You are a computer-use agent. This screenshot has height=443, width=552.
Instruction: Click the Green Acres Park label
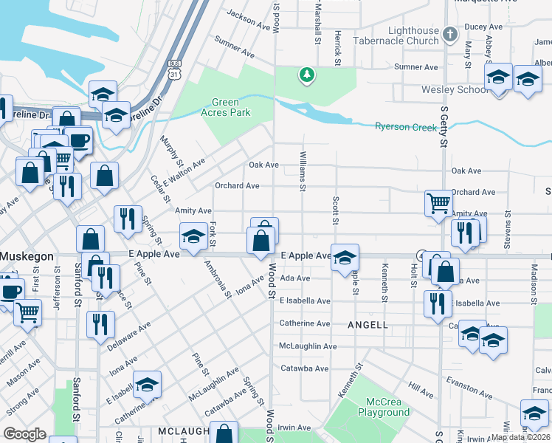pos(230,108)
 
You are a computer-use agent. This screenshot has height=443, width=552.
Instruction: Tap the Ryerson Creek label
pos(406,127)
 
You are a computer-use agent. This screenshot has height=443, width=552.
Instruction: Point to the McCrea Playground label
pos(384,408)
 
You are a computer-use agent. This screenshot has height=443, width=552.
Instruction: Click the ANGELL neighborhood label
pos(368,325)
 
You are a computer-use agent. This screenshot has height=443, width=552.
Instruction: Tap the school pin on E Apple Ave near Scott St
pos(345,258)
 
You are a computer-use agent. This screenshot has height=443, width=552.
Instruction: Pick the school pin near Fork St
pos(194,236)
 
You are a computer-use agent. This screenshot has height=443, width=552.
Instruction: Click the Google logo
pos(24,434)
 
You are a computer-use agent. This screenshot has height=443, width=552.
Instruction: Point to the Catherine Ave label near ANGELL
pos(304,323)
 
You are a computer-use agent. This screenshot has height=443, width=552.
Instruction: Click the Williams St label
pos(303,170)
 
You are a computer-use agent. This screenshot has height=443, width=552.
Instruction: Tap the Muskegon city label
pos(27,256)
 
